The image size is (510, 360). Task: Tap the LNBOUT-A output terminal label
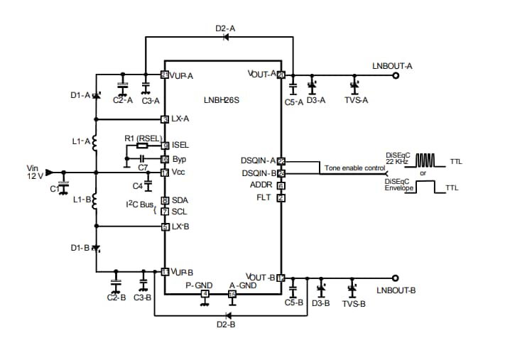[x=392, y=65]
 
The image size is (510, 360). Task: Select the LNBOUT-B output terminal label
[x=396, y=290]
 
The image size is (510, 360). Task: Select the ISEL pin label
[x=180, y=146]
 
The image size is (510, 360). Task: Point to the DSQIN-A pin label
[x=258, y=161]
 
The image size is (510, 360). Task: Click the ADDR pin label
[x=263, y=185]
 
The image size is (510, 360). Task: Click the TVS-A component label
[x=356, y=101]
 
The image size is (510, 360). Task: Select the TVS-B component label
[x=353, y=303]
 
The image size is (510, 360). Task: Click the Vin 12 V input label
[x=36, y=172]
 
